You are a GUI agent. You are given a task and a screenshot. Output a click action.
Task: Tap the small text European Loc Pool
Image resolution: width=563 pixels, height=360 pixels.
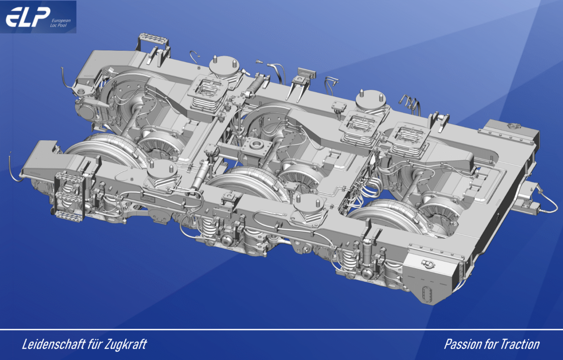point(60,23)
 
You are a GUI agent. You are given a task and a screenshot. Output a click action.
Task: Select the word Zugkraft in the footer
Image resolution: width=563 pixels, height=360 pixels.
point(125,344)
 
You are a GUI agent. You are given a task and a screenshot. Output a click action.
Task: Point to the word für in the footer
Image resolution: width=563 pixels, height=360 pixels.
point(95,344)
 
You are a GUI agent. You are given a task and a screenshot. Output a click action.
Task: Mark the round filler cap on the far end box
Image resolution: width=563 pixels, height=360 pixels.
point(512,126)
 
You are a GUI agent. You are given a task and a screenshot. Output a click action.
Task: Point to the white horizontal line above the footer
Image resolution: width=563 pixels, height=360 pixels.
point(281,330)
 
